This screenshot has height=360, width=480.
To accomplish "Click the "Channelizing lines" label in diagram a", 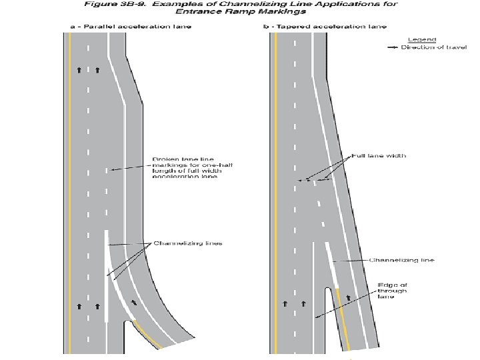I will [188, 243].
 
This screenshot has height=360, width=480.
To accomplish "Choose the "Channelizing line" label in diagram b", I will [401, 259].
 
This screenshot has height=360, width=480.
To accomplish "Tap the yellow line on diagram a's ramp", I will [148, 334].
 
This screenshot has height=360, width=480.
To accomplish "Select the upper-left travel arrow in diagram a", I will [79, 69].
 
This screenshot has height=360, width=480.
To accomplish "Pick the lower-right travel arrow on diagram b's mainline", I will [303, 303].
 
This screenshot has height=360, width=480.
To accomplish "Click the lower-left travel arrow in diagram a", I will [79, 306].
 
